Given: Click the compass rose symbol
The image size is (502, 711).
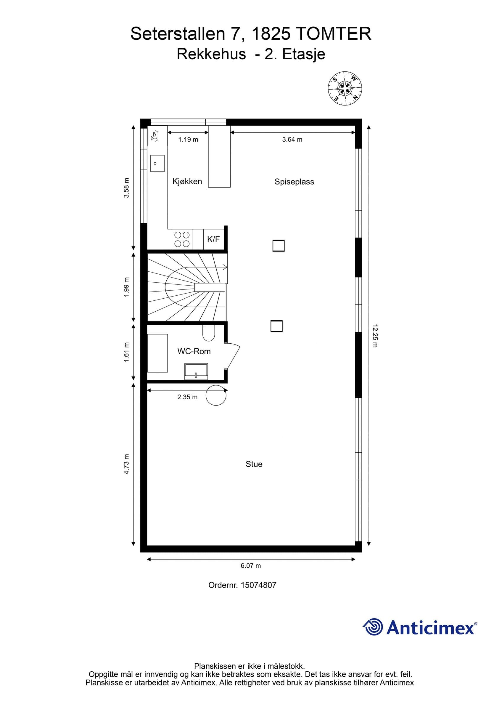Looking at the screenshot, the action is (345, 89).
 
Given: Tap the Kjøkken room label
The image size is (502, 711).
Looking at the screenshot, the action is (187, 182).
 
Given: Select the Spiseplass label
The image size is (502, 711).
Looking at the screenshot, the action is (294, 182).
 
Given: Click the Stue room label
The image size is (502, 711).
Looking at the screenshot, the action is (254, 464).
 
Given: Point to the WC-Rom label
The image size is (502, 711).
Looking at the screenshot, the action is (194, 351).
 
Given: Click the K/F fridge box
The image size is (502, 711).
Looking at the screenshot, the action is (213, 239).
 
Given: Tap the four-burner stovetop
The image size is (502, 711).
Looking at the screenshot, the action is (182, 239).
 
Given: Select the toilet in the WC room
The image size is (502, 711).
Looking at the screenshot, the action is (209, 333).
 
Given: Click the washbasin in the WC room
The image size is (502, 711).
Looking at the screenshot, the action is (196, 371).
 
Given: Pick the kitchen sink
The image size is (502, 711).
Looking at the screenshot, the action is (157, 163).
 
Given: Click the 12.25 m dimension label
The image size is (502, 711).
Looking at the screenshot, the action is (375, 336).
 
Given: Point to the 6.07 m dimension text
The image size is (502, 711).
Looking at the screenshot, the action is (251, 566).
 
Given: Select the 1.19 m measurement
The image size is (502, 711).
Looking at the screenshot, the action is (188, 140).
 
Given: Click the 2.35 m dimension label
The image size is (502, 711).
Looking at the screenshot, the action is (187, 397).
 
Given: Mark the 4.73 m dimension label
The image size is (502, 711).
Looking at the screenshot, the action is (126, 464).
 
